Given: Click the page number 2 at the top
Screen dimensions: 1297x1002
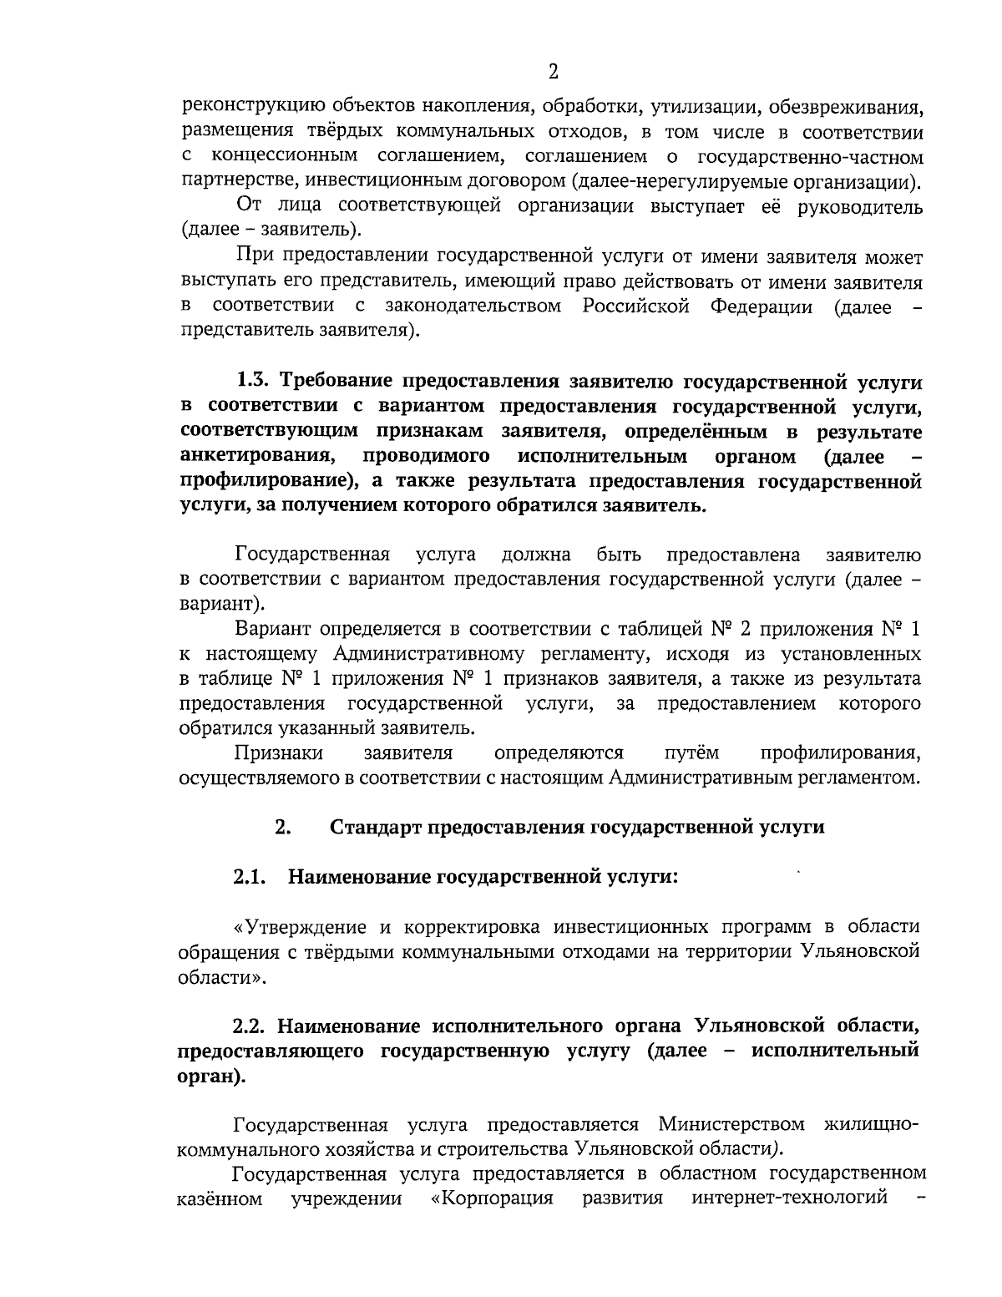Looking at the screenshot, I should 553,72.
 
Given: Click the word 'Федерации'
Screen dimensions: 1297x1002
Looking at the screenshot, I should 761,306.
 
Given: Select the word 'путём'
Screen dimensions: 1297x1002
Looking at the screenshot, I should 691,753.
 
